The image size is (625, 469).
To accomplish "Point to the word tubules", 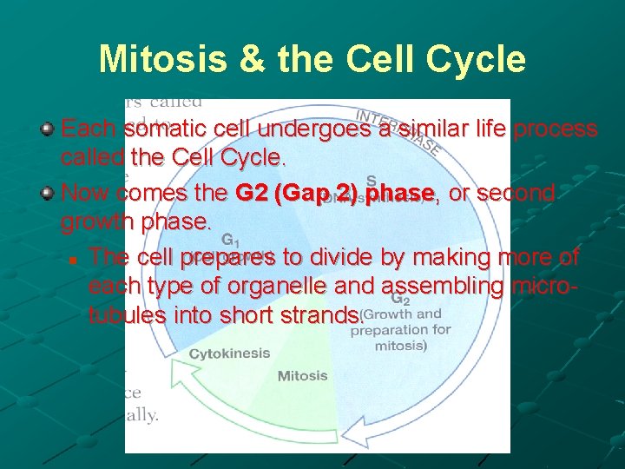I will point(128,315).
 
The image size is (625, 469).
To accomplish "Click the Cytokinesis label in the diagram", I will point(230,353).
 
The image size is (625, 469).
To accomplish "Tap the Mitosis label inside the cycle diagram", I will point(302,376).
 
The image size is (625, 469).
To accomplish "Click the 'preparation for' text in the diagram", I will point(400,330).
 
